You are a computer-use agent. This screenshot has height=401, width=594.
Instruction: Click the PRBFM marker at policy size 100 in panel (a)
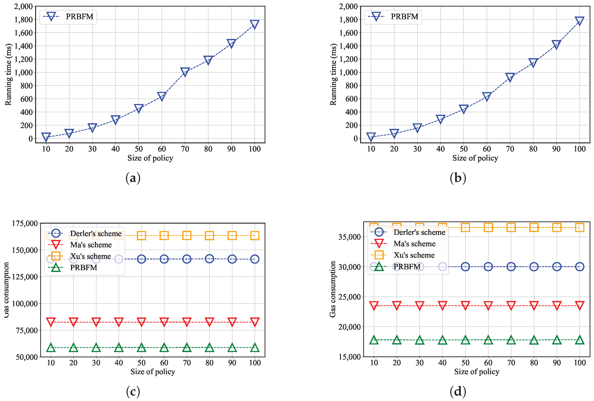(x=254, y=24)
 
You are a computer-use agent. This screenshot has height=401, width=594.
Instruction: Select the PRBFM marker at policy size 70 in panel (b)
(x=510, y=77)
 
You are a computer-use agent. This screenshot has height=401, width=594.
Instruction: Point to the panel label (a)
(x=133, y=178)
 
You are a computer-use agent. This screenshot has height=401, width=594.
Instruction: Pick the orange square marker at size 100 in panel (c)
(x=254, y=235)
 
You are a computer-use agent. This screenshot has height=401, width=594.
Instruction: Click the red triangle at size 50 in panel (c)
(x=141, y=322)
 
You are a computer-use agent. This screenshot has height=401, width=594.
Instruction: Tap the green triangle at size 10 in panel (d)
(x=374, y=340)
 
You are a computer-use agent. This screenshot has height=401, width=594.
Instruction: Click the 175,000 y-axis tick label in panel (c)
(x=25, y=223)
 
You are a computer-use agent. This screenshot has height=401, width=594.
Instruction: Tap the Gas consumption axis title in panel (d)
(x=332, y=289)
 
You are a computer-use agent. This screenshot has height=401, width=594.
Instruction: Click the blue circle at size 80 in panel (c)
(x=209, y=259)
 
